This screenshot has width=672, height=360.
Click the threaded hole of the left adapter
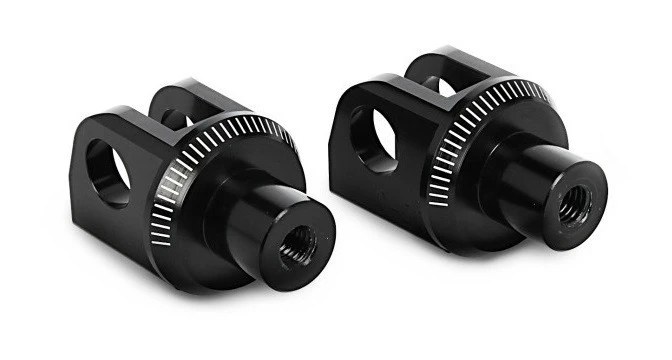pyautogui.click(x=297, y=243)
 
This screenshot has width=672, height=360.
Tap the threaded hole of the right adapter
pyautogui.click(x=574, y=207)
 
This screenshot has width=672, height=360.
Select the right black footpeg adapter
pyautogui.click(x=460, y=150)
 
